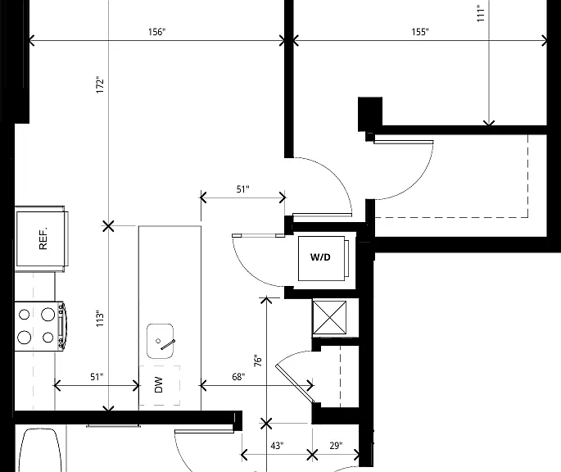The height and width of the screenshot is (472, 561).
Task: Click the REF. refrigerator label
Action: [43, 238]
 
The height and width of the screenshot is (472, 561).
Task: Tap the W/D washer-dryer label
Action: [320, 257]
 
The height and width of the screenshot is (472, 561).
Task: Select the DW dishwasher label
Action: [159, 384]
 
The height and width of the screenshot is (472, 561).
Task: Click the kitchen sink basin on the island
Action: [161, 341]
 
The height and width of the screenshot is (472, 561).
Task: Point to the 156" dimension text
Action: [157, 32]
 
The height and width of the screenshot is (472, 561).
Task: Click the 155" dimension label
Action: [420, 32]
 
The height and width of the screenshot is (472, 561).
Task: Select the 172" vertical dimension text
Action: [100, 85]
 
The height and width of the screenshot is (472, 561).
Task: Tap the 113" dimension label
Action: [100, 318]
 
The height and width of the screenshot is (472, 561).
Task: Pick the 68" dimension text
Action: [238, 377]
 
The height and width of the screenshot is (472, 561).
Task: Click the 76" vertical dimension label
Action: [258, 361]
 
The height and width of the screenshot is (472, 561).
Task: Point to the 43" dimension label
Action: [277, 446]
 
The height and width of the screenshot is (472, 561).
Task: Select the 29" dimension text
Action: [336, 446]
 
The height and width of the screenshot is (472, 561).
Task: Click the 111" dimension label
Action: [481, 13]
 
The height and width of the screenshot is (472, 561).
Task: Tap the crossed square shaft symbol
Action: [329, 318]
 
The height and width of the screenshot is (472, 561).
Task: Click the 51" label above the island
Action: [243, 189]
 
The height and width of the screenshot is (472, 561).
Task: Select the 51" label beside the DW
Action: [97, 377]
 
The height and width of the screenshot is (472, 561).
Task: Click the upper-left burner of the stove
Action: [24, 315]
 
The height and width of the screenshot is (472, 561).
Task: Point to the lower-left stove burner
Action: [25, 337]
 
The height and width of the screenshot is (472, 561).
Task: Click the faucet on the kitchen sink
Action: [166, 344]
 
